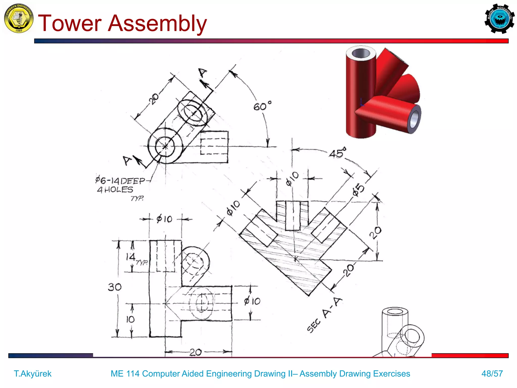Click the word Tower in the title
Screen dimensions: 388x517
[69, 23]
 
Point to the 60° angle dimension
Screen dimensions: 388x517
[262, 106]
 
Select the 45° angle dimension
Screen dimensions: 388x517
[337, 153]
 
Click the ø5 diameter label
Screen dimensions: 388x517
[358, 190]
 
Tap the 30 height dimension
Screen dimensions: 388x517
[115, 287]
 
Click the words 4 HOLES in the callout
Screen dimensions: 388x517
[115, 190]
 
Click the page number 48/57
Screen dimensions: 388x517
[492, 373]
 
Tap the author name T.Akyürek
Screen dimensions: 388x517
[33, 373]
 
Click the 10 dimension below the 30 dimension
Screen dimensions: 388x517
[130, 320]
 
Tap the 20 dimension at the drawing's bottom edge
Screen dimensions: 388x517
[195, 352]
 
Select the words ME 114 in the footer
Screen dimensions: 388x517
[125, 373]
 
